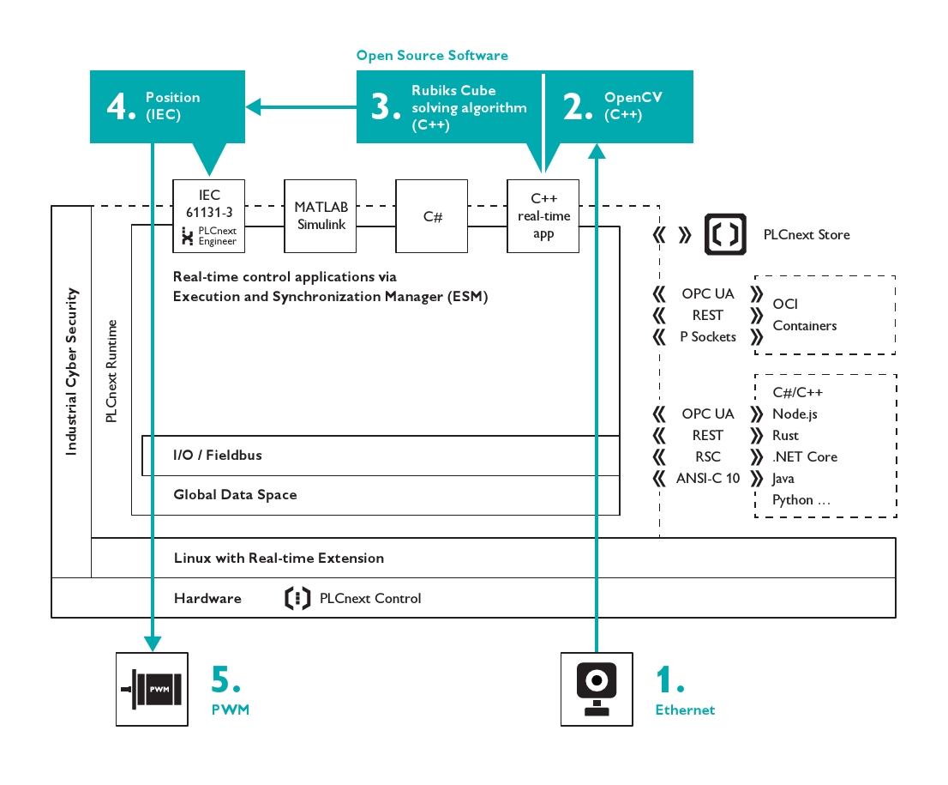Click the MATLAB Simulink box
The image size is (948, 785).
click(x=320, y=216)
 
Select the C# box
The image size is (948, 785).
click(x=432, y=216)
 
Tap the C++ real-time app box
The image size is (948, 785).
click(x=543, y=216)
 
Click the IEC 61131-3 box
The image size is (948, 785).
click(x=208, y=216)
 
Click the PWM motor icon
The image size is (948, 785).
click(x=152, y=689)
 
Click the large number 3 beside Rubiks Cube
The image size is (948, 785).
click(x=386, y=107)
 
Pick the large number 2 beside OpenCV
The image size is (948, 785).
click(x=579, y=107)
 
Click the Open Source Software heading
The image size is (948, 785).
click(x=432, y=56)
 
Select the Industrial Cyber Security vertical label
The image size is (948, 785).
click(x=72, y=371)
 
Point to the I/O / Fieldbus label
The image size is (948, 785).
click(x=218, y=455)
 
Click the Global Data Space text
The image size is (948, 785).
click(x=235, y=494)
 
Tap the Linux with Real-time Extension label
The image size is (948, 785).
click(x=279, y=558)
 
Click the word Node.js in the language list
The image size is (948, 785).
click(x=795, y=414)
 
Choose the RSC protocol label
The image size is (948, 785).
click(x=708, y=457)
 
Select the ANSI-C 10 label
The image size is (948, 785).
click(x=708, y=479)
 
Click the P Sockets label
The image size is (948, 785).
click(x=708, y=337)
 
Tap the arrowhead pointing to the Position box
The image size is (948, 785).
click(x=254, y=107)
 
